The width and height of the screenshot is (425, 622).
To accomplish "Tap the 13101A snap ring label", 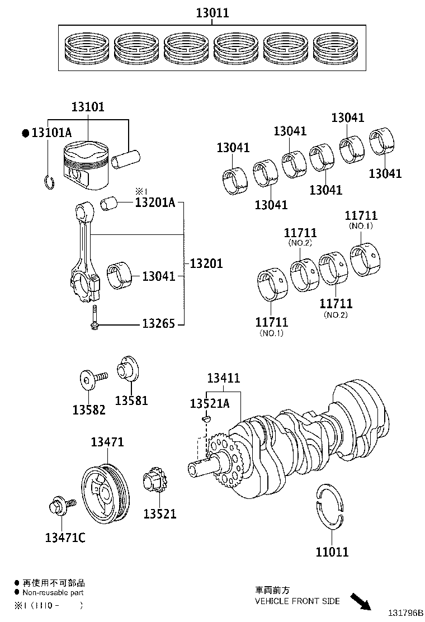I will tap(51, 133).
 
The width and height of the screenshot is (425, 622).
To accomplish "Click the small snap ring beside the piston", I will tap(48, 182).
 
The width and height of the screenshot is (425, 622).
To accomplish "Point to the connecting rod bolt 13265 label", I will tap(158, 323).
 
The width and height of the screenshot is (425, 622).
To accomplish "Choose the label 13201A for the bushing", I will tap(155, 202).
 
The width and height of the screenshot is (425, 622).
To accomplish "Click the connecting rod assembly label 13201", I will tap(206, 263).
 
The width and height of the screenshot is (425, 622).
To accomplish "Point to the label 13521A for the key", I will tap(209, 404).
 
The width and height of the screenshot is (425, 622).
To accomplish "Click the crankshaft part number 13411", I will tap(224, 379).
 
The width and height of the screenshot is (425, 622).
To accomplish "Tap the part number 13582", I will tap(88, 409).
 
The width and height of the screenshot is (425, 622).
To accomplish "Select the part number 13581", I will tap(131, 400).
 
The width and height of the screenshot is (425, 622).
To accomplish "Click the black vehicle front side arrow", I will tap(360, 602).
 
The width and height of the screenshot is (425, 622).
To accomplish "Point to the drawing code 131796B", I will tap(403, 614).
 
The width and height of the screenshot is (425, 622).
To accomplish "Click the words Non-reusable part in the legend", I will tap(53, 592).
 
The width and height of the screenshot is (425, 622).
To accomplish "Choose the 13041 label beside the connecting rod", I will tap(158, 276).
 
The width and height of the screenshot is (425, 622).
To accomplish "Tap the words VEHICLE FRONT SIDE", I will tap(297, 601).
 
